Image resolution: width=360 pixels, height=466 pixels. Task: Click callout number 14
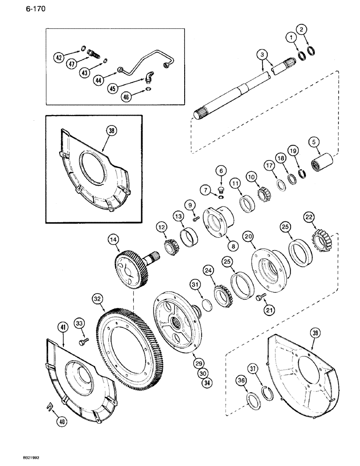[x=112, y=240]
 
